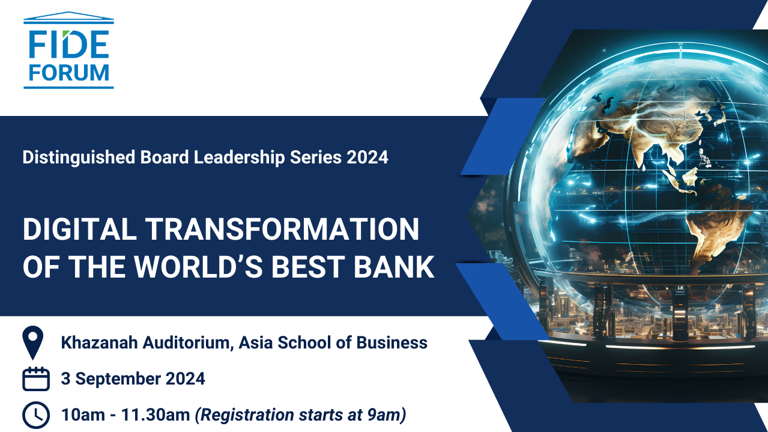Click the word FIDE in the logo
[x=69, y=44]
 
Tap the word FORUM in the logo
[x=69, y=73]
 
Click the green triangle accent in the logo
[x=66, y=34]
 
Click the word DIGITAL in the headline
[x=80, y=229]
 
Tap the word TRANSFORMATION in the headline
[x=282, y=229]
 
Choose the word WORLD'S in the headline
[x=198, y=267]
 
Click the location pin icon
[x=33, y=342]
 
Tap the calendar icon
[x=36, y=379]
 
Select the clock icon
[x=36, y=415]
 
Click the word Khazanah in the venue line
[x=100, y=342]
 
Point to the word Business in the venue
[x=392, y=342]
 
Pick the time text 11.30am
[x=156, y=415]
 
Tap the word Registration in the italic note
[x=247, y=415]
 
